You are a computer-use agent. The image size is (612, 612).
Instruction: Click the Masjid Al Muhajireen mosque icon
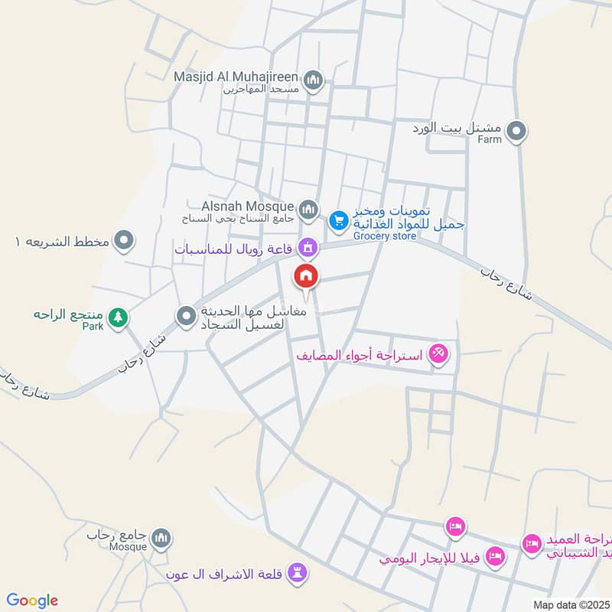tap(314, 79)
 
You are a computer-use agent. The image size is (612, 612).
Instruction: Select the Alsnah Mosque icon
tap(308, 208)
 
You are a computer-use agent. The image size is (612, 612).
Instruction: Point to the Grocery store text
tap(385, 236)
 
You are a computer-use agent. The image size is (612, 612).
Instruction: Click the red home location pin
tap(307, 276)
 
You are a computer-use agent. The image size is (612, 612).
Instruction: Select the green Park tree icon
tap(117, 316)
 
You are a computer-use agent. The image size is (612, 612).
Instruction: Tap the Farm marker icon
tap(517, 132)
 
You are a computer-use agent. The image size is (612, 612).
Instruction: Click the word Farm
tap(490, 140)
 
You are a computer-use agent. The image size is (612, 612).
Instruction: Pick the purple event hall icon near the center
tap(308, 247)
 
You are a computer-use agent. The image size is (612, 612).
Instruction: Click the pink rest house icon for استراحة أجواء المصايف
tap(439, 354)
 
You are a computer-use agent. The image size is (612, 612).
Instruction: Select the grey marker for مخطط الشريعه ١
tap(123, 243)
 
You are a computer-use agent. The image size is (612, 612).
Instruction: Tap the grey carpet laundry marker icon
tap(186, 316)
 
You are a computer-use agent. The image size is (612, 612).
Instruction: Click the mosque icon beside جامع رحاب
tap(161, 539)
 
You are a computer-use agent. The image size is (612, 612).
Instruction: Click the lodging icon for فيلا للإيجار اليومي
tap(496, 555)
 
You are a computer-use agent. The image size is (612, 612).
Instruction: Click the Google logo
tap(32, 601)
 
